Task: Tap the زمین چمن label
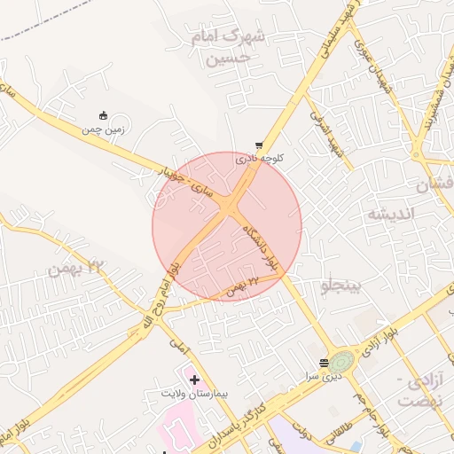coord(104,129)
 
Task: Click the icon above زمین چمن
coord(104,114)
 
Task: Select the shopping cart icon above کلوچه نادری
coord(259,145)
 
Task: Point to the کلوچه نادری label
coord(258,159)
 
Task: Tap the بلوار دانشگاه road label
coord(260,248)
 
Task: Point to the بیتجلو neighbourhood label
coord(340,286)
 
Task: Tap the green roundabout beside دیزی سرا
coord(342,361)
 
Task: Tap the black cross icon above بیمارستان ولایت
coord(194,380)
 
